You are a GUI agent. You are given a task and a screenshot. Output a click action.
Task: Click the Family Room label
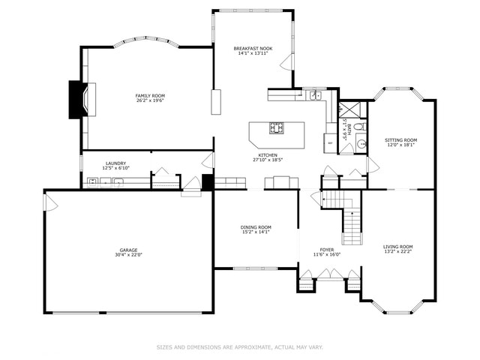tap(150, 95)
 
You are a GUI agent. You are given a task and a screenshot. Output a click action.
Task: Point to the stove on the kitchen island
tap(277, 128)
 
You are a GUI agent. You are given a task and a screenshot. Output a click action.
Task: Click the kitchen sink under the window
tap(316, 95)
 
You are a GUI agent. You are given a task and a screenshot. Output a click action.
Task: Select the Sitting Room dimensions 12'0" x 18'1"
tap(400, 145)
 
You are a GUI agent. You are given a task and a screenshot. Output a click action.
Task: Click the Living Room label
tap(398, 247)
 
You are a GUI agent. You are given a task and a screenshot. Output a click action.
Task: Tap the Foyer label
tap(327, 250)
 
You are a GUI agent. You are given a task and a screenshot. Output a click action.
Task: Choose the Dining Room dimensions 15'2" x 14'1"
tap(256, 232)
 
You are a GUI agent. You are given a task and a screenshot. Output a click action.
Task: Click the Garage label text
tap(128, 250)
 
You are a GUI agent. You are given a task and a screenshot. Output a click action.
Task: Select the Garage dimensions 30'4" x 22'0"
tap(128, 255)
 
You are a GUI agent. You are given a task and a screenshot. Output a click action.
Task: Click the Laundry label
tap(115, 163)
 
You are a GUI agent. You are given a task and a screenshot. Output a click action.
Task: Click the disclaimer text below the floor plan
tap(239, 347)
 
